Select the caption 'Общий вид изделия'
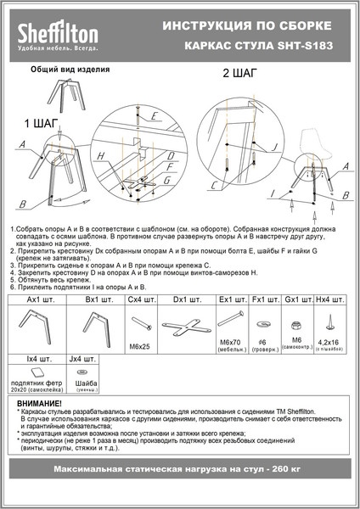70,71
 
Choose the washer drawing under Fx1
262,326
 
